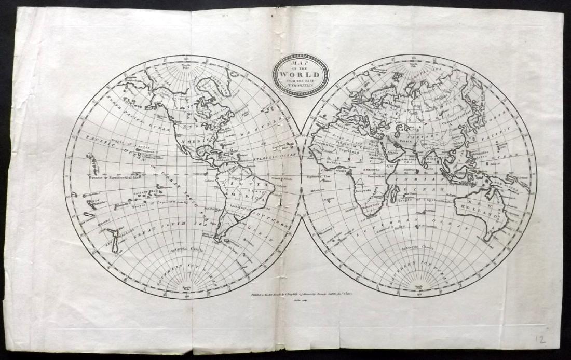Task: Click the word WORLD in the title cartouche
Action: point(301,73)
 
